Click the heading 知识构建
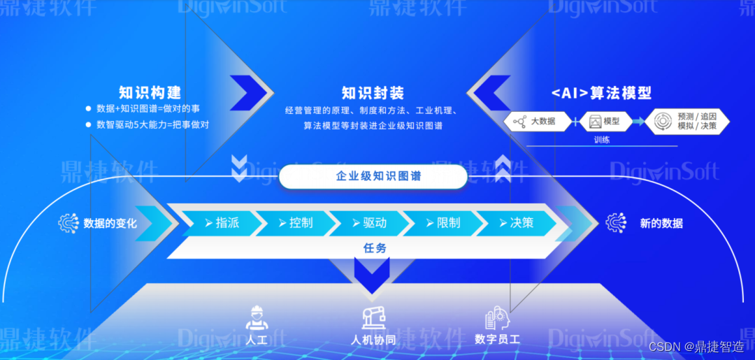tap(150, 92)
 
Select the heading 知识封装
tap(373, 93)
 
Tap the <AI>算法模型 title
tap(601, 93)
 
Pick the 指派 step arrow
tap(222, 223)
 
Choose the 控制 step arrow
tap(295, 223)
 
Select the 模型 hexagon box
tap(601, 122)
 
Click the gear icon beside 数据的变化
tap(69, 223)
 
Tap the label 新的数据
tap(661, 224)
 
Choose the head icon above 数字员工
tap(498, 318)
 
